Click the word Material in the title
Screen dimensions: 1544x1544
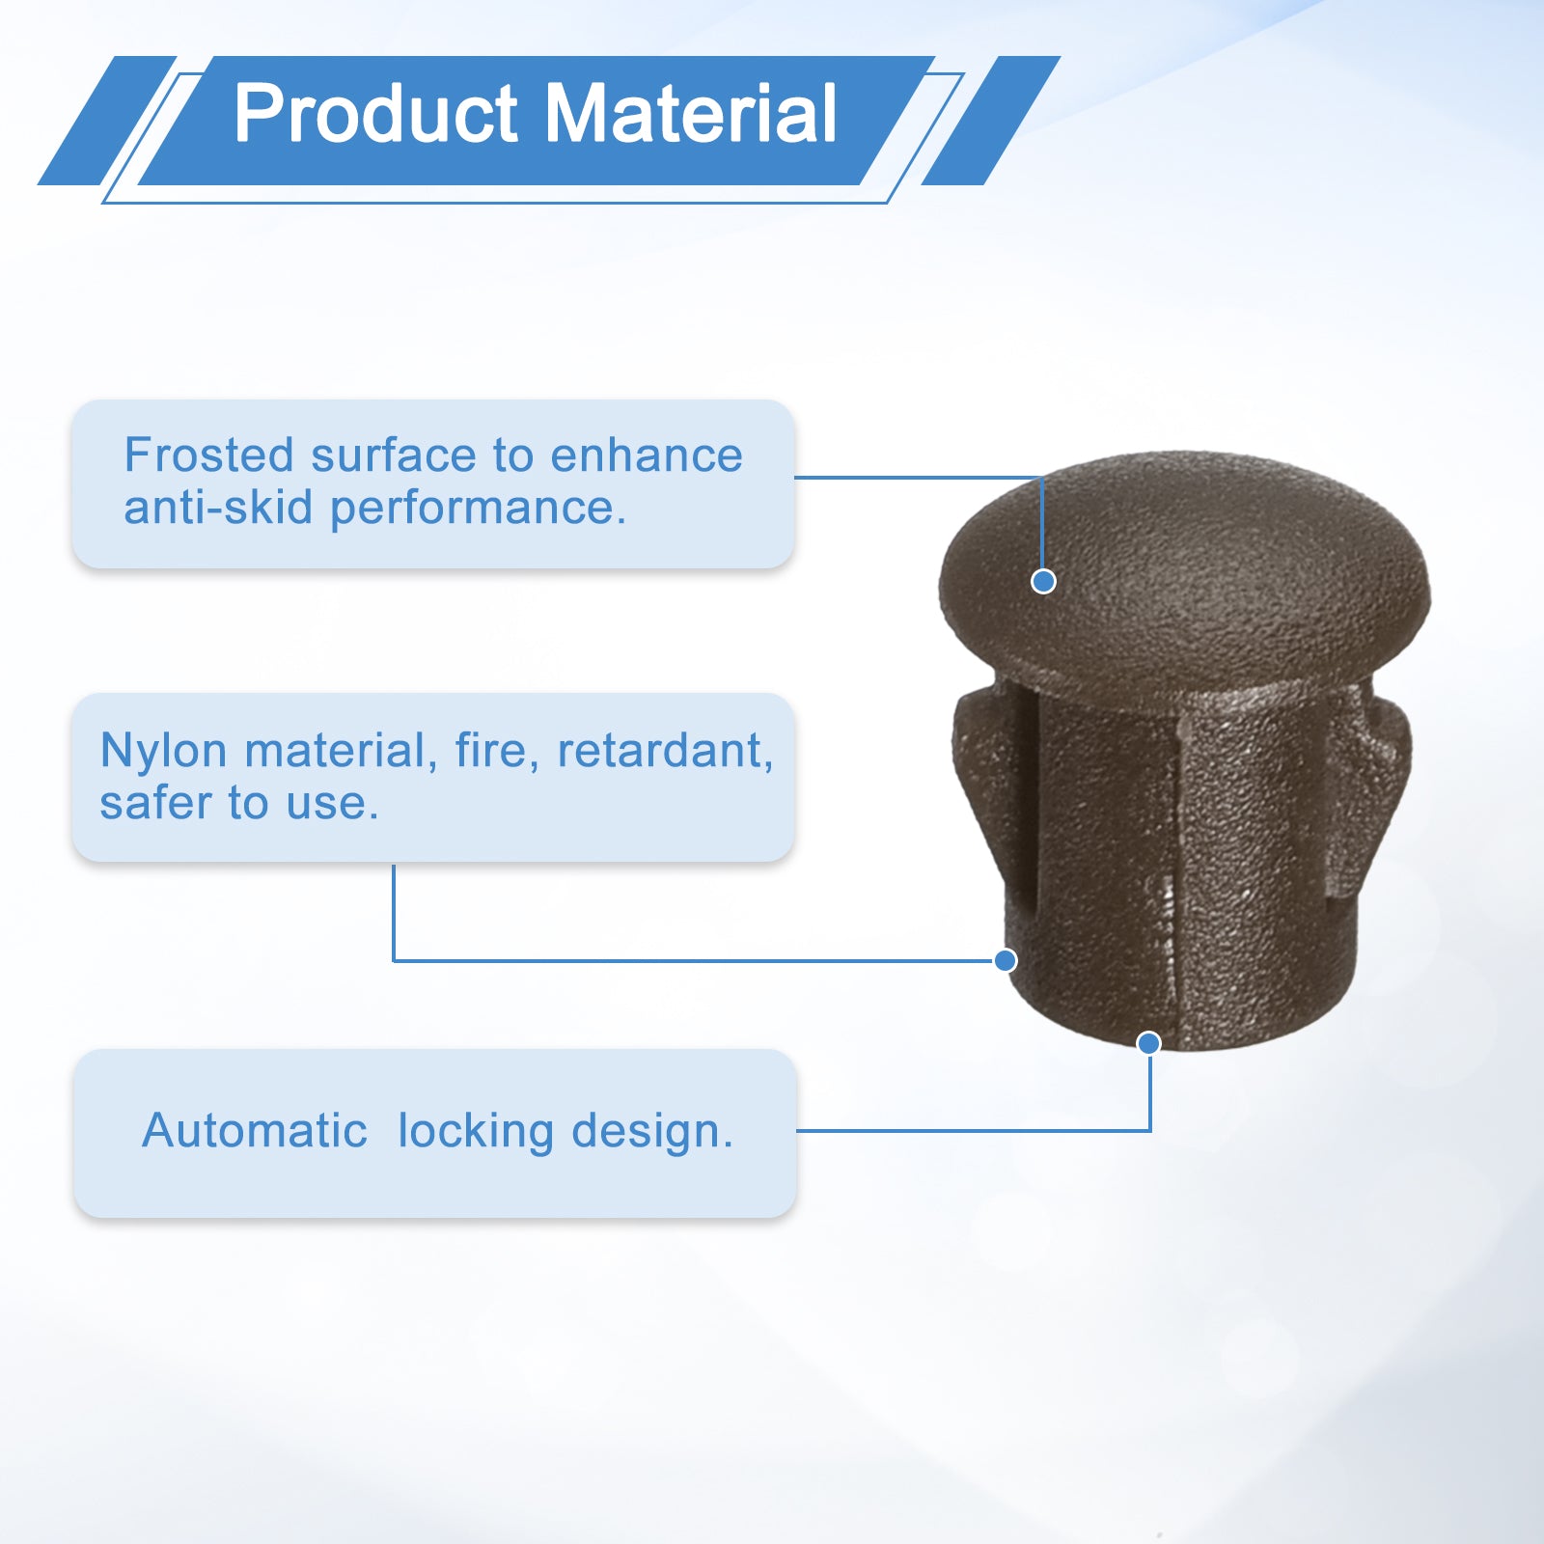click(x=691, y=114)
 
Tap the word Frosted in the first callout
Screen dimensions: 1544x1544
click(x=208, y=455)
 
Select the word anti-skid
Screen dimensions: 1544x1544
click(x=218, y=508)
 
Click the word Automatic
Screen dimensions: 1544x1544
click(x=255, y=1130)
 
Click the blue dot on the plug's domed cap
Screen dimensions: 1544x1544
click(x=1043, y=581)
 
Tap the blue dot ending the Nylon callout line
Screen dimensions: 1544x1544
click(x=1006, y=960)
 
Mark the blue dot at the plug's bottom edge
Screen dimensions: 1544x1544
click(x=1148, y=1042)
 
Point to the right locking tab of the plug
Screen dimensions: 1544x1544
click(x=1370, y=782)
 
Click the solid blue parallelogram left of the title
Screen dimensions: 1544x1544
click(x=107, y=121)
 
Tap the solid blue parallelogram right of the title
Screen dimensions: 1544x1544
click(x=991, y=121)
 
